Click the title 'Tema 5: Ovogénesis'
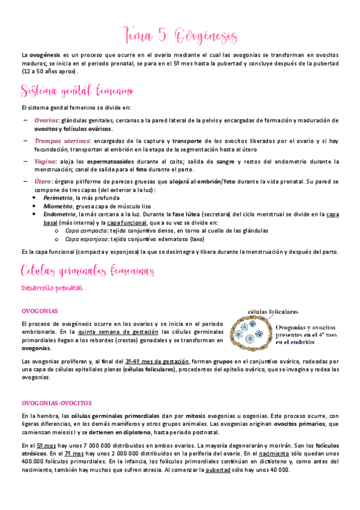point(180,34)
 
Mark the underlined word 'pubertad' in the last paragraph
point(218,469)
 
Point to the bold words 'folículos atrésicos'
point(319,449)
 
